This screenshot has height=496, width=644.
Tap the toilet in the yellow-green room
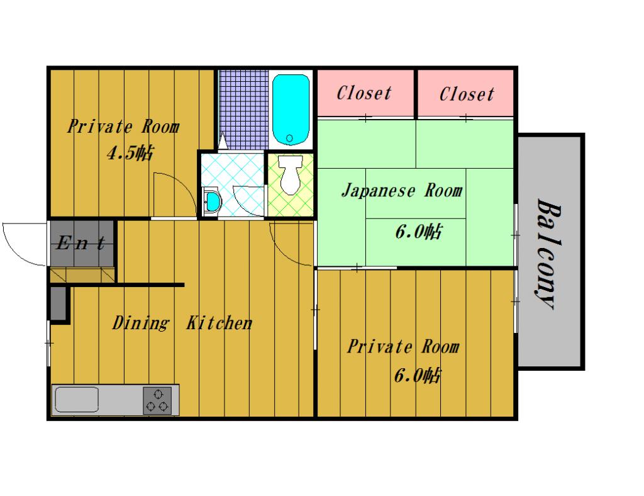[289, 176]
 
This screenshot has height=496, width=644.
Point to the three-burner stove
[157, 400]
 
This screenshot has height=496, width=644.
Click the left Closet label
[364, 94]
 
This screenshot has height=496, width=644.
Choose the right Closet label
[467, 94]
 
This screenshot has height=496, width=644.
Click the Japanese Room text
[402, 190]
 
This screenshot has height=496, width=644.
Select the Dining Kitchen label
[182, 324]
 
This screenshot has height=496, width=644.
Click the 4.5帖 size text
[129, 154]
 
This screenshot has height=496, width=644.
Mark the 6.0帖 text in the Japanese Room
[418, 232]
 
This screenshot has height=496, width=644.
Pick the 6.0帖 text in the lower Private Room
[417, 376]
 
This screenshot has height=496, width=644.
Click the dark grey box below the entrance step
[58, 303]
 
